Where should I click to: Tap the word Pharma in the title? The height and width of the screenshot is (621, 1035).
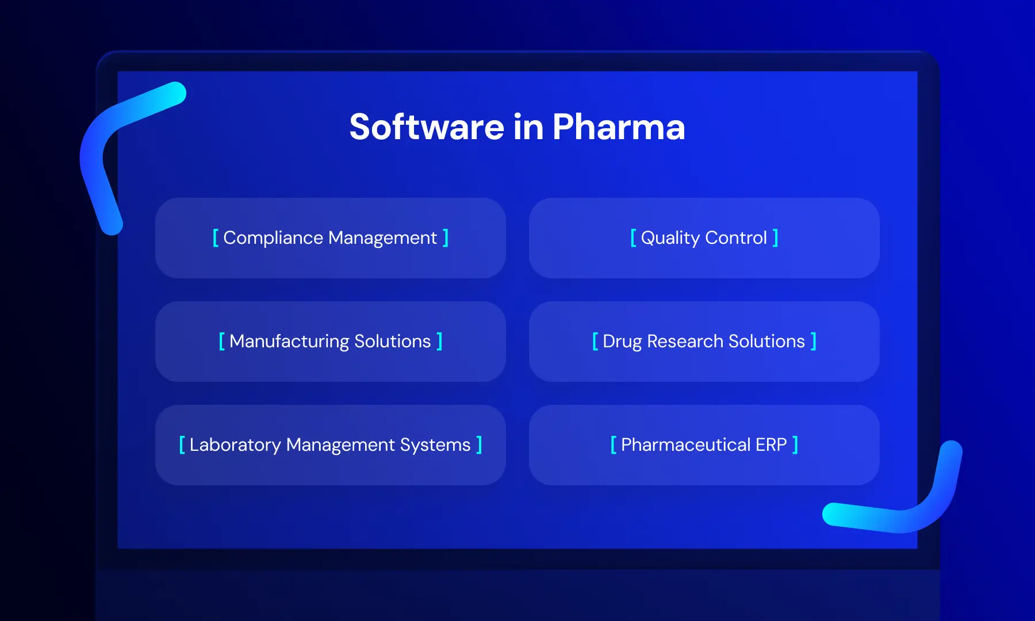click(x=619, y=127)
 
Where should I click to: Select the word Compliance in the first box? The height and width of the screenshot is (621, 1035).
click(x=273, y=238)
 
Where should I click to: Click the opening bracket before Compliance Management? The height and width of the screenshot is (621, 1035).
click(x=216, y=237)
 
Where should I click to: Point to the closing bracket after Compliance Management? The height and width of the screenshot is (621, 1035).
click(x=446, y=237)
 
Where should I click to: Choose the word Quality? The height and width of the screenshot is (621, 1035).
click(x=670, y=238)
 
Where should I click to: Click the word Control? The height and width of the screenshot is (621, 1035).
click(x=736, y=237)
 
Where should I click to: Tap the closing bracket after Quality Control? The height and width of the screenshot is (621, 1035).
click(x=776, y=237)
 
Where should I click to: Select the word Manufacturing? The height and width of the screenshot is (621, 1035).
click(x=289, y=342)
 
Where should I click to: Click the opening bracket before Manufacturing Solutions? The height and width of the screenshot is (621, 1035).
click(x=221, y=341)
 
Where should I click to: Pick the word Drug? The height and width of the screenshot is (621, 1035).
click(x=622, y=342)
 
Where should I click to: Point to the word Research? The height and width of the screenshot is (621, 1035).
click(x=685, y=341)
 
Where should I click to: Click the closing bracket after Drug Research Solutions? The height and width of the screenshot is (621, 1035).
click(x=814, y=341)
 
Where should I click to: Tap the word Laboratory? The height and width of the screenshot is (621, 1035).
click(x=235, y=445)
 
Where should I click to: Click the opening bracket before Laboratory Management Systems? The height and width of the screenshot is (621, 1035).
click(x=182, y=444)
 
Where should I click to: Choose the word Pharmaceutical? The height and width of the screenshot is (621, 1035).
click(x=685, y=444)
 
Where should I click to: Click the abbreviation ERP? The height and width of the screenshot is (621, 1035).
click(x=771, y=444)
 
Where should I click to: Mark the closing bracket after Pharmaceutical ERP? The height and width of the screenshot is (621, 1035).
click(x=795, y=444)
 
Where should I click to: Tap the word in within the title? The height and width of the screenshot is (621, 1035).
click(x=528, y=127)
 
